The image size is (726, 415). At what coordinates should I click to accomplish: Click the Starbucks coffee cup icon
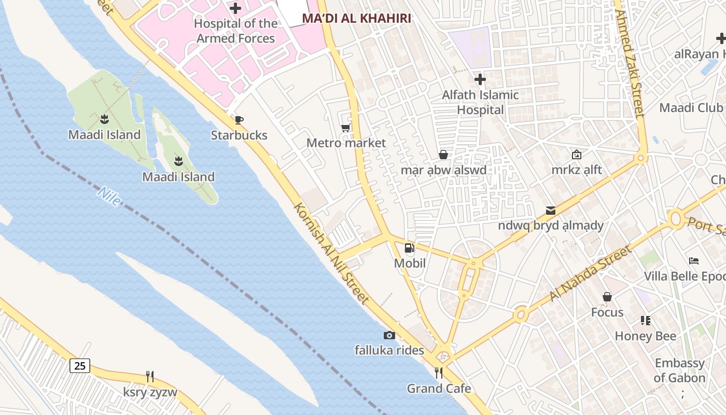coord(239,120)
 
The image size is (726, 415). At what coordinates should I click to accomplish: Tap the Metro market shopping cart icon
coord(345,128)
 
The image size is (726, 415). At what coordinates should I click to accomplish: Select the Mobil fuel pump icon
coord(409,248)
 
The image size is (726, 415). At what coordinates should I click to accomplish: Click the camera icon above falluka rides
coord(389,336)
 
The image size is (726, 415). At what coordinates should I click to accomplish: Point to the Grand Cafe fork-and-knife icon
coord(439,373)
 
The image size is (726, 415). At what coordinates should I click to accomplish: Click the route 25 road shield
coord(80,366)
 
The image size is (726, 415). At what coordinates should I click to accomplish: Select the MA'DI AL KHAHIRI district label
coord(356,19)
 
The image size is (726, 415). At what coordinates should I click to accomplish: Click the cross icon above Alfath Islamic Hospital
coord(480,79)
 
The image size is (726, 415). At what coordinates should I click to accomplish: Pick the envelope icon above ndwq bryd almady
coord(551,210)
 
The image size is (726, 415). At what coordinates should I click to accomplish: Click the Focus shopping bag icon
coord(607,297)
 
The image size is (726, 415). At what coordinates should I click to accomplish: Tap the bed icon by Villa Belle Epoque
coord(694,261)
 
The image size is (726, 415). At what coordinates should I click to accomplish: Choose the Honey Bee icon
coord(645,321)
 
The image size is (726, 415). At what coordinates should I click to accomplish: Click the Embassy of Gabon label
coord(679,370)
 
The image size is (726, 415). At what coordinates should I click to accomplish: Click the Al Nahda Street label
coord(591,273)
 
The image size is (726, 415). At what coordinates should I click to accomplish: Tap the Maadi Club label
coord(691,108)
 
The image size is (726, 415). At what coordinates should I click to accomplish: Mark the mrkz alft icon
coord(576,155)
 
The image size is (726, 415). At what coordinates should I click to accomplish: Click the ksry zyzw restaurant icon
coord(150,377)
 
